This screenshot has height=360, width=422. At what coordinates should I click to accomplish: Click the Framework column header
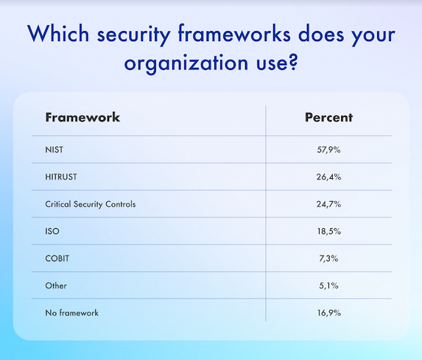point(82,118)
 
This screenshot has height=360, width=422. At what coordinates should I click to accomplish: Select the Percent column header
point(328,118)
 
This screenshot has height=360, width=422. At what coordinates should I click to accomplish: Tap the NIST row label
point(54,150)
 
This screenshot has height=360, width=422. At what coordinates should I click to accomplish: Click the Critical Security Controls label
point(91,204)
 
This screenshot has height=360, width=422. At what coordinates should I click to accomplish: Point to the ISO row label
point(52,231)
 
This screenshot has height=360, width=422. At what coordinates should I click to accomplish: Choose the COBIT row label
point(57,258)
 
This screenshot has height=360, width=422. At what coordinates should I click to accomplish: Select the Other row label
point(56,286)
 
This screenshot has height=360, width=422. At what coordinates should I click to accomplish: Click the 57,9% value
point(328,150)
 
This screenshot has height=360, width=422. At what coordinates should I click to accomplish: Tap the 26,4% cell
point(328,177)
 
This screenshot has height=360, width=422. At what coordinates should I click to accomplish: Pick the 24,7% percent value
point(328,204)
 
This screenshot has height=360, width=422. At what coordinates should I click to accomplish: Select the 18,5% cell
point(328,231)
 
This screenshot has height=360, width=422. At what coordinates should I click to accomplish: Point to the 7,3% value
point(328,258)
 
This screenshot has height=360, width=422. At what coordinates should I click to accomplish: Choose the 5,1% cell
point(328,286)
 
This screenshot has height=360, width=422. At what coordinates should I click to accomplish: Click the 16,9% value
point(328,313)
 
